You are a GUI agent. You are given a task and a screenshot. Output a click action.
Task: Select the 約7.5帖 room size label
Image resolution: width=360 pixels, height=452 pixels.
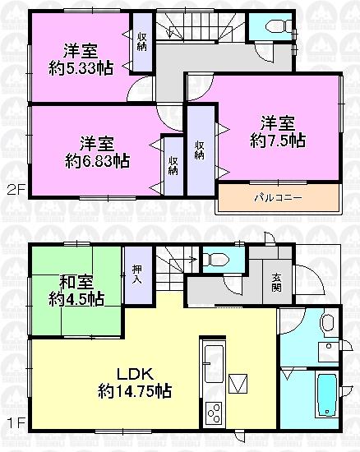278,141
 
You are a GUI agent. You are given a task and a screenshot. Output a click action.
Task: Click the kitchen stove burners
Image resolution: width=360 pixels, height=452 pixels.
212,409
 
